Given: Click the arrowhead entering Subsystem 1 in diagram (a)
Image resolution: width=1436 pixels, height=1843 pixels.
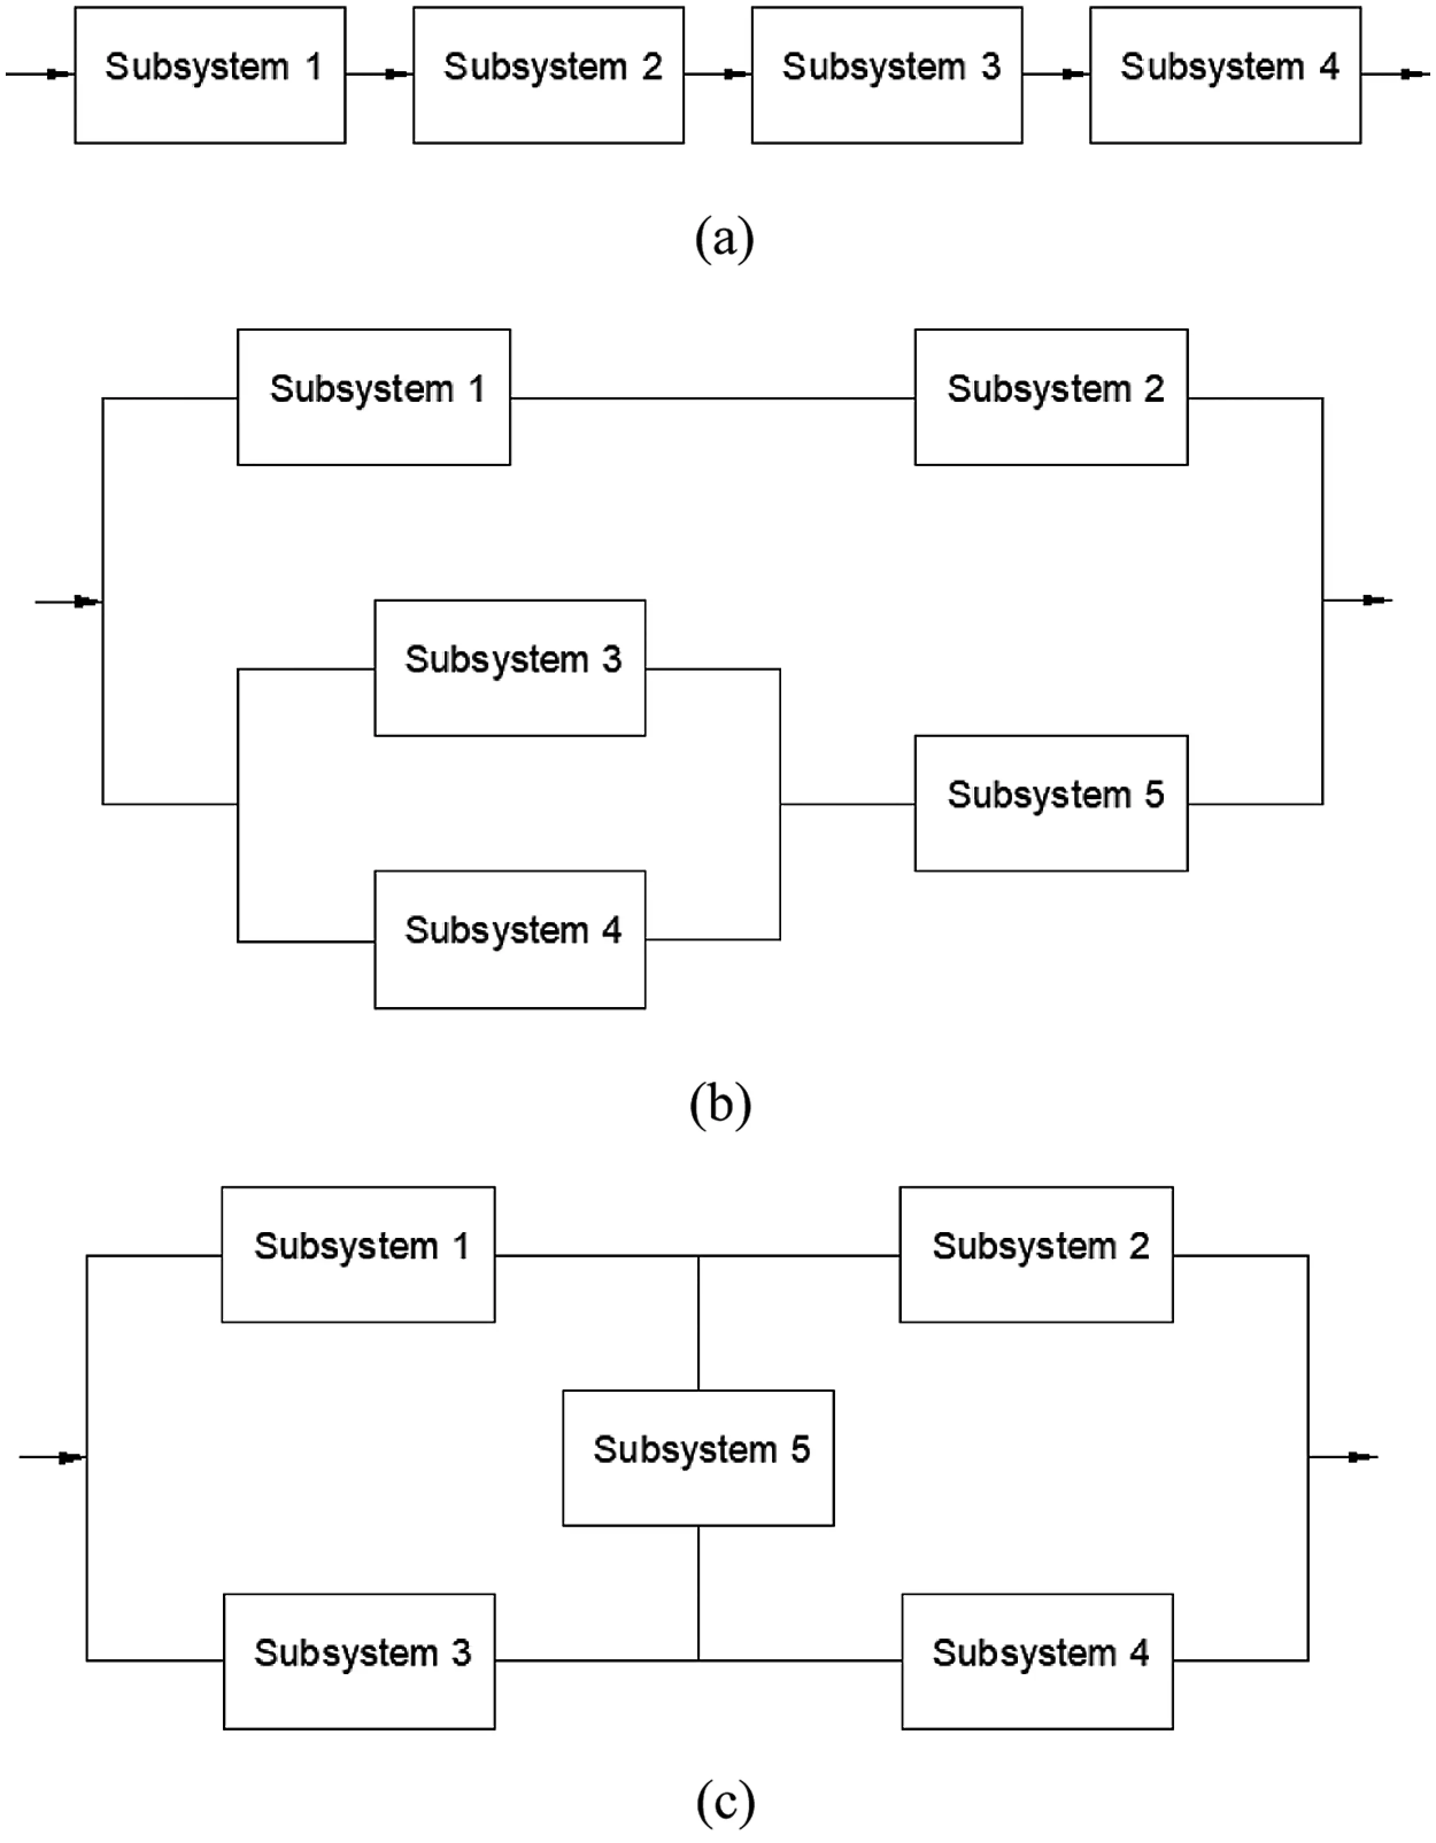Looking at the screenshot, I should click(x=57, y=74).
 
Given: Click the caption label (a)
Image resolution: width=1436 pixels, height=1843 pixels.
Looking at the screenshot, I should click(x=724, y=239).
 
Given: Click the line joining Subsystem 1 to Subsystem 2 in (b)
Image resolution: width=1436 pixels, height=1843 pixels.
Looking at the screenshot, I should click(x=712, y=398).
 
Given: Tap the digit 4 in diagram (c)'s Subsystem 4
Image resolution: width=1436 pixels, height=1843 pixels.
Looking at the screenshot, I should click(x=1140, y=1652).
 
